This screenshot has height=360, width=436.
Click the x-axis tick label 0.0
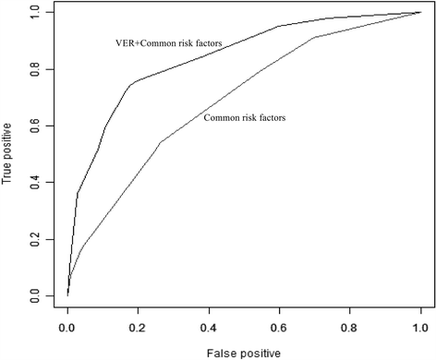pyautogui.click(x=67, y=327)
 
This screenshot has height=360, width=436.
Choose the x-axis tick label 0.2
pyautogui.click(x=139, y=327)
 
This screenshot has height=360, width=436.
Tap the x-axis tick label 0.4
pyautogui.click(x=209, y=327)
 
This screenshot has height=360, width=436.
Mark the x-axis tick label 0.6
pyautogui.click(x=280, y=327)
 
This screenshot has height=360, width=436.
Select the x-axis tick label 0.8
pyautogui.click(x=350, y=327)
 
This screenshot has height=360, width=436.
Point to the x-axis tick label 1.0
pyautogui.click(x=420, y=327)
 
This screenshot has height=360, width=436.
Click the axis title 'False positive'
pyautogui.click(x=243, y=352)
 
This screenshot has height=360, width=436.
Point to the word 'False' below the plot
pyautogui.click(x=222, y=352)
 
